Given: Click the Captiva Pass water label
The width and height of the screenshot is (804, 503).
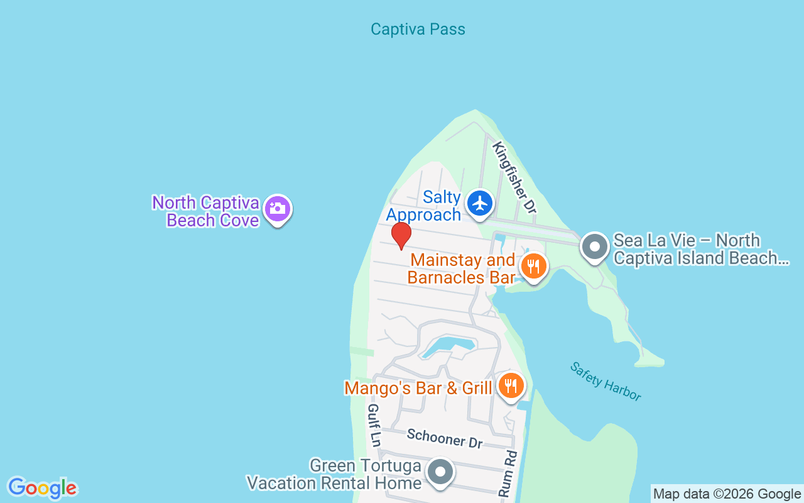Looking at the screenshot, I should (418, 29).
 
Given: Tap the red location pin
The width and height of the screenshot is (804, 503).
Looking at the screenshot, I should (401, 236).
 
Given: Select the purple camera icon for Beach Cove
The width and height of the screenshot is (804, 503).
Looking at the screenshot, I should (277, 209).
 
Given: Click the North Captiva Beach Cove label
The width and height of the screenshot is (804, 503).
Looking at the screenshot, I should (205, 211).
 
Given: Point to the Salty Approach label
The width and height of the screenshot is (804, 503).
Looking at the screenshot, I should (424, 206).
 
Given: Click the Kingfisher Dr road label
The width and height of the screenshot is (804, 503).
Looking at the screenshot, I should (514, 177).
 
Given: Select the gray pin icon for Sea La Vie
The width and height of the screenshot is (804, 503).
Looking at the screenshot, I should (594, 247).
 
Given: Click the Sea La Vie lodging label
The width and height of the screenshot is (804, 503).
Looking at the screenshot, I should (700, 249).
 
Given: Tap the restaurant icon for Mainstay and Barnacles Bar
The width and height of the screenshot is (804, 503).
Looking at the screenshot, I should (533, 267).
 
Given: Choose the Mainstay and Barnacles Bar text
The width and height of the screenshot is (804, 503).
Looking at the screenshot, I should (462, 268).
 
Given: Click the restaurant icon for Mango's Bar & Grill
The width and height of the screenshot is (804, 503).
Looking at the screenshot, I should (511, 385).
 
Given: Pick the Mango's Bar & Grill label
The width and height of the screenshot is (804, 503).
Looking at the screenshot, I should (418, 388).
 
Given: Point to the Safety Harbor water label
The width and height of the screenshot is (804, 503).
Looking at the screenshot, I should (606, 381).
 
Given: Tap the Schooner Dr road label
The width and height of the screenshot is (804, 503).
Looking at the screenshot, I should (444, 438).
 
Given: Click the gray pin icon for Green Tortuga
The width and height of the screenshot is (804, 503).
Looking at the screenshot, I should (440, 471).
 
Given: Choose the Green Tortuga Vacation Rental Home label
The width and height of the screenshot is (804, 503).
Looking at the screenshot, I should (334, 474).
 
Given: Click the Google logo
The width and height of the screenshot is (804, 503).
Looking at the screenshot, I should (42, 488).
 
